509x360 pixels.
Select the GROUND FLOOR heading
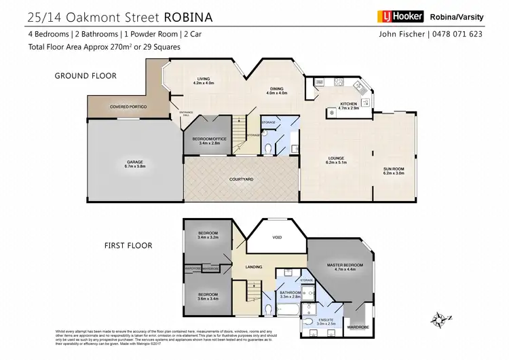tap(86, 76)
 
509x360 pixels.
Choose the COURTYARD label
tap(241, 179)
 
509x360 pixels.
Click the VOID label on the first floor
tap(276, 237)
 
